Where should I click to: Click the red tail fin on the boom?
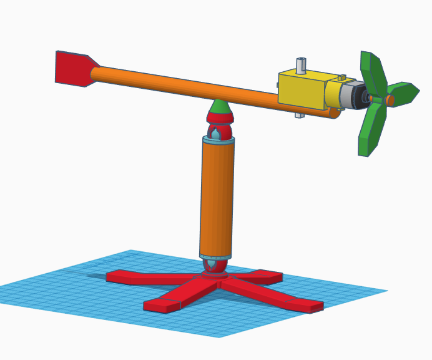(72, 67)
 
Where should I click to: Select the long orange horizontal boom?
(187, 87)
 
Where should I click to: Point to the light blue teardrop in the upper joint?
(216, 134)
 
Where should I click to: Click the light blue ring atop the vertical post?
(218, 139)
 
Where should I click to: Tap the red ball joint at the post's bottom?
(215, 266)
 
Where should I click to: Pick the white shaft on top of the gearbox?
(301, 64)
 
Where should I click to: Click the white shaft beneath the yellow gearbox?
(300, 115)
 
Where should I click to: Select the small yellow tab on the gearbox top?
(341, 77)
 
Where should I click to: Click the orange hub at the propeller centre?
(390, 100)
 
